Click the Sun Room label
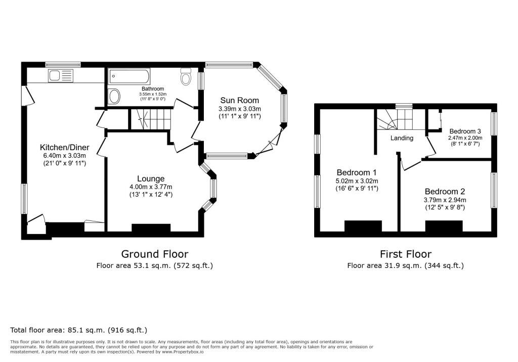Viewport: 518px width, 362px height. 239,101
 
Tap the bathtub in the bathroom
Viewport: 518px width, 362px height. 129,76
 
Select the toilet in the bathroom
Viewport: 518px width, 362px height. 186,76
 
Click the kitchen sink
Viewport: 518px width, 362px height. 60,76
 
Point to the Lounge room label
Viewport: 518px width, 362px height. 151,178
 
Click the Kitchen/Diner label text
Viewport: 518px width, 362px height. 64,147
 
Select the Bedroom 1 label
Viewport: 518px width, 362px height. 357,172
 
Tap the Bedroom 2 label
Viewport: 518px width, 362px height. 445,192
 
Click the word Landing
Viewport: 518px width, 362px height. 402,138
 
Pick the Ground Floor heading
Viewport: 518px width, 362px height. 155,254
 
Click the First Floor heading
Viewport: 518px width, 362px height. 405,254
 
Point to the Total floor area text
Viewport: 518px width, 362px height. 78,330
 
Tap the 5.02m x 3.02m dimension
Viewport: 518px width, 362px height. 357,181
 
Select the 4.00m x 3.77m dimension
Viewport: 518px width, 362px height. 151,187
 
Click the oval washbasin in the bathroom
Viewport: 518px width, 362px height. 114,97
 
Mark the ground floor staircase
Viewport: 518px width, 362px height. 150,119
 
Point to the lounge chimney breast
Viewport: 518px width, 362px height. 151,228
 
